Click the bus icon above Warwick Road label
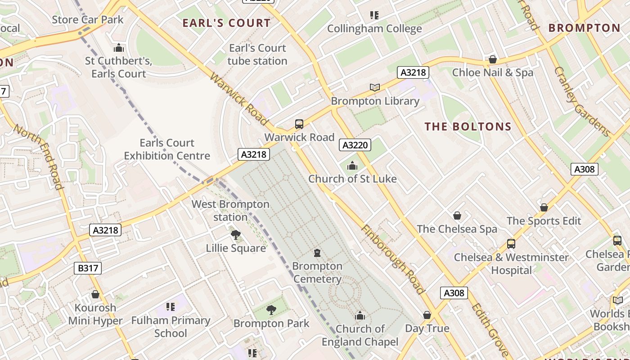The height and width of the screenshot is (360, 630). [x=299, y=124]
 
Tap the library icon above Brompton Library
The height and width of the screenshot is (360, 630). [x=374, y=87]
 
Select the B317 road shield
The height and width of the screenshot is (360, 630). [x=88, y=269]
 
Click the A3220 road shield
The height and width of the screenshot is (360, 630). [x=355, y=145]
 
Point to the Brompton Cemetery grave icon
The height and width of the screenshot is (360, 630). [x=317, y=253]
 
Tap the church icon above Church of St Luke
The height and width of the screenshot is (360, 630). [x=352, y=166]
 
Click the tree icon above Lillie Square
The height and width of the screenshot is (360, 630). [x=235, y=234]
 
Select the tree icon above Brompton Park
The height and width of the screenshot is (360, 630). [x=271, y=310]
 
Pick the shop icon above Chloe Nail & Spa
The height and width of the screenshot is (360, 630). [x=492, y=59]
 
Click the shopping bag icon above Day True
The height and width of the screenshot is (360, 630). [x=427, y=315]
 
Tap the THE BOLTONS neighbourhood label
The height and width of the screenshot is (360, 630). [x=468, y=126]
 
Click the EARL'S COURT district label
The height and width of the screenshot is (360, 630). [x=226, y=23]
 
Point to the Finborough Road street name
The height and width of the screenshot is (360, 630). [x=392, y=259]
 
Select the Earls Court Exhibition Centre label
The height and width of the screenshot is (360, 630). [x=167, y=149]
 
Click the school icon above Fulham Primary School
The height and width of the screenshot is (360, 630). [x=170, y=307]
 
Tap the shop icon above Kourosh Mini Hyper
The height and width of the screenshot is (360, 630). [x=95, y=295]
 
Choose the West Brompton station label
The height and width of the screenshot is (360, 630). [x=230, y=211]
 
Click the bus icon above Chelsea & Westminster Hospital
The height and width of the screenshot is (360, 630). [x=511, y=244]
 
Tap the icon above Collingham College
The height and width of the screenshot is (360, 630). [x=374, y=15]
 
